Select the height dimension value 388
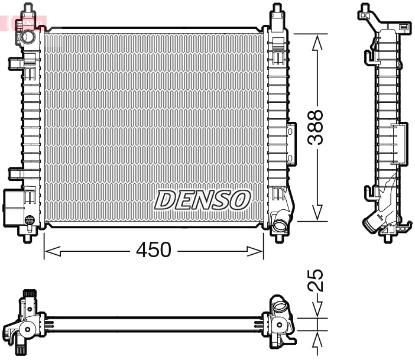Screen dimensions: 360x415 point(317,127)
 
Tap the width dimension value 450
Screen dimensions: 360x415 point(153,250)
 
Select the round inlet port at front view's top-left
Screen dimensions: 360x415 point(27,38)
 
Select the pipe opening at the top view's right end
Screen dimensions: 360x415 point(279,309)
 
